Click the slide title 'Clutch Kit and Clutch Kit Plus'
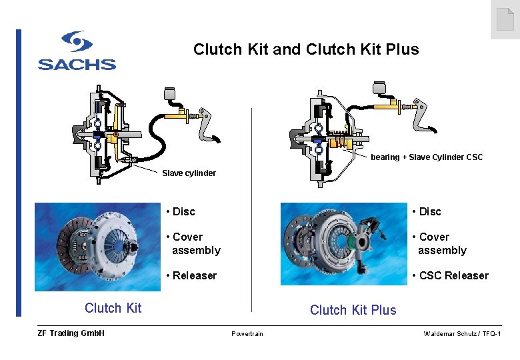[x=306, y=49]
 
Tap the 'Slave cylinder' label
[x=189, y=173]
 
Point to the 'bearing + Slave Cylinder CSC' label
[x=427, y=157]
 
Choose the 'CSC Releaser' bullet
[x=450, y=275]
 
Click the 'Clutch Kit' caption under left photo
[x=113, y=307]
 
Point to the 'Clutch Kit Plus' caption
[x=353, y=310]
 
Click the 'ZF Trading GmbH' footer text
[x=71, y=333]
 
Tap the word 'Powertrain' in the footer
[x=247, y=333]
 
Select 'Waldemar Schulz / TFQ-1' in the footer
[x=462, y=333]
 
